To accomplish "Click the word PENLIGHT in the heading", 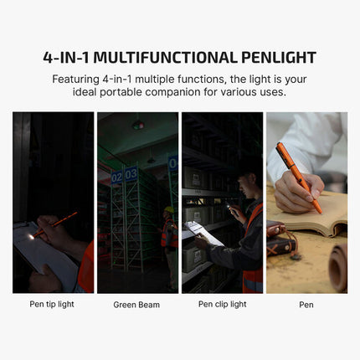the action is tap(279, 58).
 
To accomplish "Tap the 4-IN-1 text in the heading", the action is tap(66, 58).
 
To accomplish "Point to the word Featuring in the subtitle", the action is tap(75, 80).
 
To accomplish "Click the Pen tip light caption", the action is tap(52, 304).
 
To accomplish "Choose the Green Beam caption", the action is tap(136, 305).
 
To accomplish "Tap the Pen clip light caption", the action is tap(223, 304).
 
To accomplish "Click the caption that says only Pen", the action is tap(306, 305).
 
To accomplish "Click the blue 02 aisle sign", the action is tap(116, 177).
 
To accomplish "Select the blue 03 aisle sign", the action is tap(131, 173).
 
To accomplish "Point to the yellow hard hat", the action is tap(168, 209).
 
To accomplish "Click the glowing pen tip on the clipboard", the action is tap(31, 237).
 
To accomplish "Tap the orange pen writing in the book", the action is tap(299, 177).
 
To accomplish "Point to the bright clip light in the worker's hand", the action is tap(229, 207).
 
